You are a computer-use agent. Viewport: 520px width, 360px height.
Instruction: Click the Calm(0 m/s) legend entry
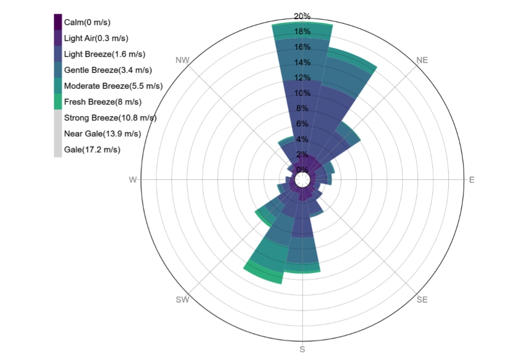[x=87, y=22]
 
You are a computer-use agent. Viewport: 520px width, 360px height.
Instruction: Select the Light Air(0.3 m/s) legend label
[x=97, y=38]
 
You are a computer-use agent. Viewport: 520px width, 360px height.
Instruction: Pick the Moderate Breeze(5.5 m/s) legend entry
[x=113, y=86]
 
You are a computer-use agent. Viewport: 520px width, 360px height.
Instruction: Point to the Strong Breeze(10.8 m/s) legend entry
[x=110, y=118]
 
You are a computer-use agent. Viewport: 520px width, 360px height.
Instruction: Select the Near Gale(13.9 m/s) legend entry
[x=103, y=134]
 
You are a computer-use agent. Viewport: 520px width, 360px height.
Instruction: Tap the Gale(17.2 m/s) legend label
[x=92, y=150]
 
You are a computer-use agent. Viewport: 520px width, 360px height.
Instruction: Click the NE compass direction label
[x=422, y=60]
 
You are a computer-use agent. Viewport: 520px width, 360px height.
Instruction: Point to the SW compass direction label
[x=182, y=300]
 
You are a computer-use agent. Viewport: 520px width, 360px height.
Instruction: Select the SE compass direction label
[x=422, y=300]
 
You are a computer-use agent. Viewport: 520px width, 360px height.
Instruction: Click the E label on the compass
[x=472, y=180]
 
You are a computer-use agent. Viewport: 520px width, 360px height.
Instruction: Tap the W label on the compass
[x=132, y=180]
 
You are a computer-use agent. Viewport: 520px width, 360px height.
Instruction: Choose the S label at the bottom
[x=302, y=350]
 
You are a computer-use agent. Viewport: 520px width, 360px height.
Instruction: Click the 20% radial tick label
[x=302, y=16]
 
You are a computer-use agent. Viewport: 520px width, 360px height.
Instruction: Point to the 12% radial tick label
[x=302, y=77]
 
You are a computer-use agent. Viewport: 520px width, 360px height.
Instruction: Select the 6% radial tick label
[x=302, y=123]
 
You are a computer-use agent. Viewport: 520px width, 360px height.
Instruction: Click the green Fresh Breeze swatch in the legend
[x=58, y=102]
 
